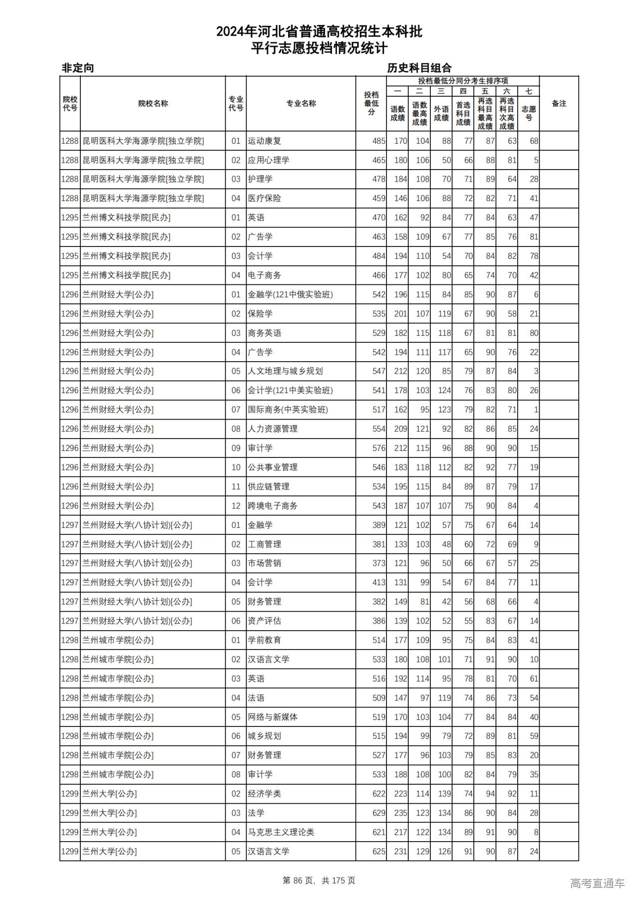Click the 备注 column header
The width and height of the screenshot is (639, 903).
tap(559, 103)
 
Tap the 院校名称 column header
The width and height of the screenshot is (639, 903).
tap(153, 103)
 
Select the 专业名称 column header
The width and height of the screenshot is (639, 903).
tap(301, 103)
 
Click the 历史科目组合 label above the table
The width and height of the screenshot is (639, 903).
tap(419, 68)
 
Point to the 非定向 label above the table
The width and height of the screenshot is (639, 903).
tap(78, 68)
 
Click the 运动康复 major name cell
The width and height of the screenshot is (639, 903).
tap(265, 141)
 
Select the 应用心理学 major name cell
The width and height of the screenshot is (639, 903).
tap(269, 160)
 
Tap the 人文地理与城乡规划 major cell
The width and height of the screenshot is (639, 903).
tap(285, 371)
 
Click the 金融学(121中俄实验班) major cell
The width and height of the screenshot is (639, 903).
tap(290, 294)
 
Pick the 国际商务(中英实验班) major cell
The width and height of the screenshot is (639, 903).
tap(288, 410)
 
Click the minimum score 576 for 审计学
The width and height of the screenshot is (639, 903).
tap(379, 448)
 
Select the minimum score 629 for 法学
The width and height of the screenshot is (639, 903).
tap(379, 813)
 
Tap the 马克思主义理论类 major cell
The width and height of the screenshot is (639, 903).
tap(281, 832)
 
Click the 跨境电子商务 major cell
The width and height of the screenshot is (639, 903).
tap(273, 506)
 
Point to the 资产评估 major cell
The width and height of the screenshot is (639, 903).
tap(265, 621)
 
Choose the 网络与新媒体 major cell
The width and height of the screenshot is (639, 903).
tap(273, 717)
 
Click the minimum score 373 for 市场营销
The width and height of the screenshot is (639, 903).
tap(379, 563)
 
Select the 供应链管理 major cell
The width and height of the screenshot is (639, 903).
tap(269, 486)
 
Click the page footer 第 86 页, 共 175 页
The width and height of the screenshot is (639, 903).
tap(319, 881)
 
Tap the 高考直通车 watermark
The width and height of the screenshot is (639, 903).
tap(597, 883)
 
